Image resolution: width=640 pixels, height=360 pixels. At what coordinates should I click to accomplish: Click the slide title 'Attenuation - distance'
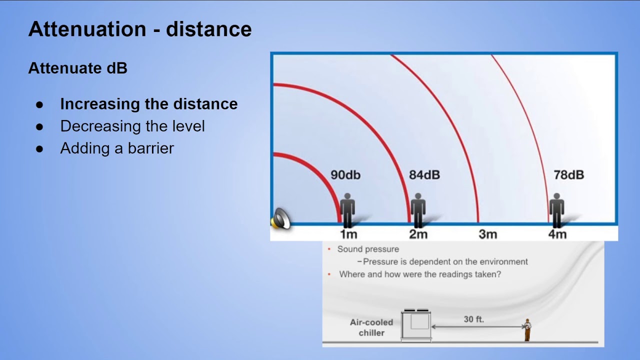(140, 29)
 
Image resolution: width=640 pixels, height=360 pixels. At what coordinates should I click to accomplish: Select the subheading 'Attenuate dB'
(77, 68)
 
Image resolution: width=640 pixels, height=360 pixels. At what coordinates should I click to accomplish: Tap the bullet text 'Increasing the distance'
(149, 104)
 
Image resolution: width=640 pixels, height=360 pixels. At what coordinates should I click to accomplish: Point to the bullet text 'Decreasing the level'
(132, 126)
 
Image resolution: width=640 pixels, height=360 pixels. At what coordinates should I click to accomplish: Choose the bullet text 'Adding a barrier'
(117, 148)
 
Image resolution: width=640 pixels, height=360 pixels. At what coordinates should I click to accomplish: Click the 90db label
(345, 175)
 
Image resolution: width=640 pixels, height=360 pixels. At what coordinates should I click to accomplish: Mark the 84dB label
(424, 175)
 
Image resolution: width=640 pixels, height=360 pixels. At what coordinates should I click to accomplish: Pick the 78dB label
(569, 175)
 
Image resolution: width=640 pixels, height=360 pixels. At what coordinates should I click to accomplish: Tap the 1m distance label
(348, 234)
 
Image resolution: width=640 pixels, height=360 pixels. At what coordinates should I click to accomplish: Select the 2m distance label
(418, 234)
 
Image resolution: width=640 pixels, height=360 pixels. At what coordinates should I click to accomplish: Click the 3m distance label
(487, 234)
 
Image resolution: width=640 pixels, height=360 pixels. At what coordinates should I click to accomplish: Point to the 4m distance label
(557, 234)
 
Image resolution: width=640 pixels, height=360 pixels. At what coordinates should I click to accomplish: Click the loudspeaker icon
(280, 219)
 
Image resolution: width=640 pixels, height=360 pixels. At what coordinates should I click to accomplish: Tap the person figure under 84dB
(418, 210)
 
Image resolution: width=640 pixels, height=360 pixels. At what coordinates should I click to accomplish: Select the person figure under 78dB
(556, 210)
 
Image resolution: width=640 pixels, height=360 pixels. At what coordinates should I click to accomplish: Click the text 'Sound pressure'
(368, 249)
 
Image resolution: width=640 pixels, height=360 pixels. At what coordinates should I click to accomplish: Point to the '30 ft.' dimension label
(473, 319)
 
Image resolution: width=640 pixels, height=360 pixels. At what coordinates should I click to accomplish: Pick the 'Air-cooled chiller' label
(371, 327)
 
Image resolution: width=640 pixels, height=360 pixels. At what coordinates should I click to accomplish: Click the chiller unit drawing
(416, 325)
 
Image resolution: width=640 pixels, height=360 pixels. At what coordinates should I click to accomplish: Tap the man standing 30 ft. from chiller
(527, 329)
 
